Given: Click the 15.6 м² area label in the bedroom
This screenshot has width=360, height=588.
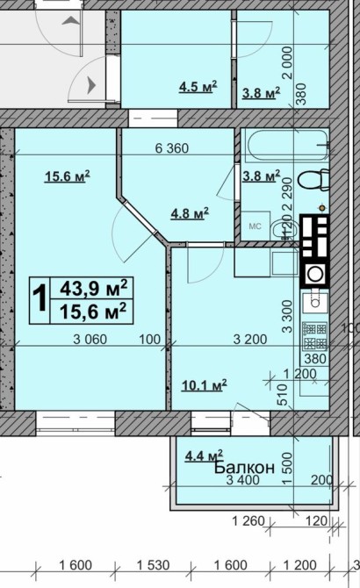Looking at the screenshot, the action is pos(67,176).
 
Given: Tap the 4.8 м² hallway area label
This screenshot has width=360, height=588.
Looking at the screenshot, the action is pos(190,214).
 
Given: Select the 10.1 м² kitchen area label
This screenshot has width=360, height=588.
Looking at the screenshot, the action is pos(204,385).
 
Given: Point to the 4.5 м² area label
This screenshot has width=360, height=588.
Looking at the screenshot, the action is pos(198,87).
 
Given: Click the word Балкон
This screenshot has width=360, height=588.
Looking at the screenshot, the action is pos(244,468).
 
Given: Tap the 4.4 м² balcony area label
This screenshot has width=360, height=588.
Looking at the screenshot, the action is pos(204,455).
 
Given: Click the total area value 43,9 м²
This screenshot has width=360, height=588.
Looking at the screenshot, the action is pos(94,289).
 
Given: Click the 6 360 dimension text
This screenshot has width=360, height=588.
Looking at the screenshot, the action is pos(172,148).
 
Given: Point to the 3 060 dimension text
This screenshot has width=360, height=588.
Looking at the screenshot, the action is pos(90,340).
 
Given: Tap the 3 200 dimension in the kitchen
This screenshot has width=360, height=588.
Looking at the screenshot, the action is pos(250,340).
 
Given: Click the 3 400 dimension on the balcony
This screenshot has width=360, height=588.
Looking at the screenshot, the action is pos(242,480).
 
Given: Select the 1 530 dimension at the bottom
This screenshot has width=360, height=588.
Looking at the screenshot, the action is pos(154,565).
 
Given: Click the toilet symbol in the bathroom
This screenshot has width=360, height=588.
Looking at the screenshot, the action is pos(313,180).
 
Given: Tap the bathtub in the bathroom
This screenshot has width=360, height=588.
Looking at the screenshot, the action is pos(289,145).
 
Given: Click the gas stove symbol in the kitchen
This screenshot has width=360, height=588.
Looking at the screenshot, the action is pos(315,337).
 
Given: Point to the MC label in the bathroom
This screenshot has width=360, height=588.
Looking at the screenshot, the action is pos(255,226).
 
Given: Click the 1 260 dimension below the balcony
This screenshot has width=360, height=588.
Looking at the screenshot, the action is pos(248,521).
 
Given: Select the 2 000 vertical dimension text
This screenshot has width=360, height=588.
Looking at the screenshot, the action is pos(287,62).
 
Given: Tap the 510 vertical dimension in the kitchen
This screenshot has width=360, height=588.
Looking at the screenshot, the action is pos(282,394).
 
